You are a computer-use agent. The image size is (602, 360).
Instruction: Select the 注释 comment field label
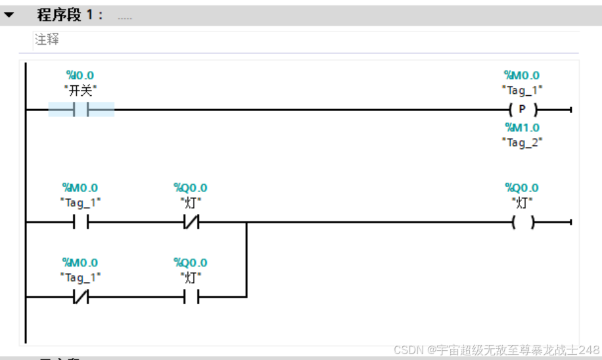click(47, 39)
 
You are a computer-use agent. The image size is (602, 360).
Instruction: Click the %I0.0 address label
click(80, 76)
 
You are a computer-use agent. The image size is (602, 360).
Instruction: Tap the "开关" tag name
click(80, 90)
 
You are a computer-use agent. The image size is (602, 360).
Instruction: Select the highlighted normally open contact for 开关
click(81, 110)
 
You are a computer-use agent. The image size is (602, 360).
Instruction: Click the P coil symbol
click(522, 110)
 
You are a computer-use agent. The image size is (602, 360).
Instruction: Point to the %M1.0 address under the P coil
click(522, 127)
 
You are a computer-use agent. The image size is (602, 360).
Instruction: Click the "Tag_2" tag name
click(522, 141)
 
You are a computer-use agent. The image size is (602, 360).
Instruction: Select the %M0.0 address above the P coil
click(522, 76)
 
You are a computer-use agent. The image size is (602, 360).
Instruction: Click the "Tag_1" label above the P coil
click(522, 90)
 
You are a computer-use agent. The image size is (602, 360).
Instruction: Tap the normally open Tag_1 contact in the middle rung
click(81, 223)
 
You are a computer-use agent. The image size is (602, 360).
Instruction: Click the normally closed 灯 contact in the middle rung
click(191, 223)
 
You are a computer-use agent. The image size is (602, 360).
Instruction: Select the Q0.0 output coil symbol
click(522, 223)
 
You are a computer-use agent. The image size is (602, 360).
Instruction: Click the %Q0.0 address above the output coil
click(522, 189)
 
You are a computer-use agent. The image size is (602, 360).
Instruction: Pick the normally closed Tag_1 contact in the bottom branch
click(81, 297)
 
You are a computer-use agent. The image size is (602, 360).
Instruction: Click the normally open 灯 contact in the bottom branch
click(191, 297)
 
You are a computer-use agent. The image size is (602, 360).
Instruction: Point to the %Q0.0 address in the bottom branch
click(191, 263)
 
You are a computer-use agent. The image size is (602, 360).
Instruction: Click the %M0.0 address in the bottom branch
click(80, 263)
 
